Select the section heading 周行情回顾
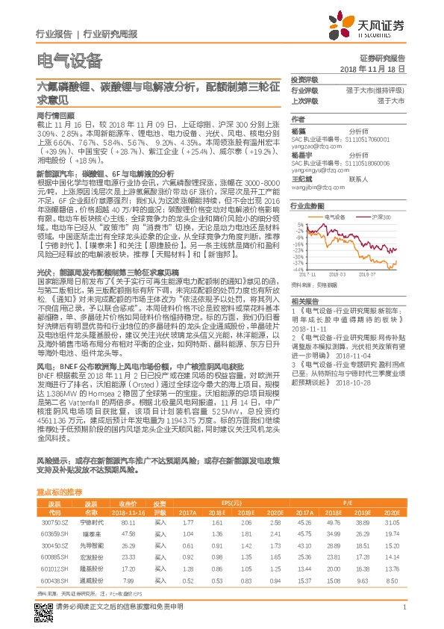point(56,117)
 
